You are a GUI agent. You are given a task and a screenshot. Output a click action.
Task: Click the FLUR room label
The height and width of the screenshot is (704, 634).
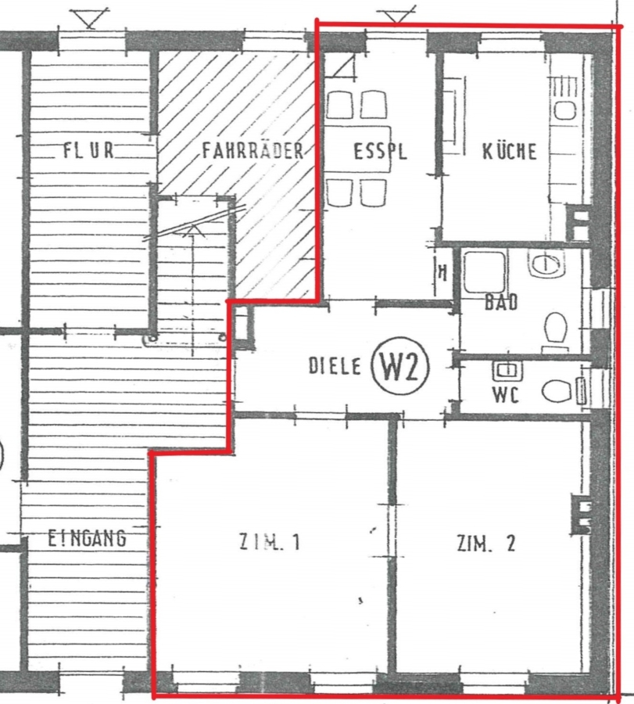click(88, 150)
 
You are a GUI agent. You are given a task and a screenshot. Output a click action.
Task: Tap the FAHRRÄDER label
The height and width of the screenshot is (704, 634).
click(253, 150)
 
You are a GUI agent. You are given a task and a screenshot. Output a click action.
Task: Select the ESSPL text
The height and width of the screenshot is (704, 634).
click(380, 151)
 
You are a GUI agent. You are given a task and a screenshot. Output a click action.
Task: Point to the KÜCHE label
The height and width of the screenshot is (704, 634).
click(509, 151)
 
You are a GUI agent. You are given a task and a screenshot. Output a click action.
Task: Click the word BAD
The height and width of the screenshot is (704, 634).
click(501, 302)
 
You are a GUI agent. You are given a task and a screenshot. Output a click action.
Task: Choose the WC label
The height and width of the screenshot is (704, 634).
click(506, 395)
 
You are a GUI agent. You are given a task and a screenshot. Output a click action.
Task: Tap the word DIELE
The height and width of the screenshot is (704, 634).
click(335, 366)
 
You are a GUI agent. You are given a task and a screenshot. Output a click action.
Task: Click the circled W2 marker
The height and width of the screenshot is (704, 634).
click(399, 366)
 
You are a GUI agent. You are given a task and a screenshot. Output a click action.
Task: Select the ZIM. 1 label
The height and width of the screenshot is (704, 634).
click(269, 542)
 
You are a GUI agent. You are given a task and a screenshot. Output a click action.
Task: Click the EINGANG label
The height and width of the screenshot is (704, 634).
click(87, 538)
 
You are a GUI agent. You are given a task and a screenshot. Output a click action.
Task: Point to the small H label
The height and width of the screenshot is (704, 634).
click(442, 272)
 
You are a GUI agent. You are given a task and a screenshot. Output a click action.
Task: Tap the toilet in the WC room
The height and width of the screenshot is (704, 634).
click(557, 390)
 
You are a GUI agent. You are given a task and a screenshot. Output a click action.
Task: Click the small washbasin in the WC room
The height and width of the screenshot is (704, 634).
click(507, 371)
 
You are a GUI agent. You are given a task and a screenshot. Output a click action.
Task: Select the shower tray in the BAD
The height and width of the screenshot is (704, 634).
click(485, 272)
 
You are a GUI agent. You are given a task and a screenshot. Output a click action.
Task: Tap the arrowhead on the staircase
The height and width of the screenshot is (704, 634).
click(193, 231)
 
